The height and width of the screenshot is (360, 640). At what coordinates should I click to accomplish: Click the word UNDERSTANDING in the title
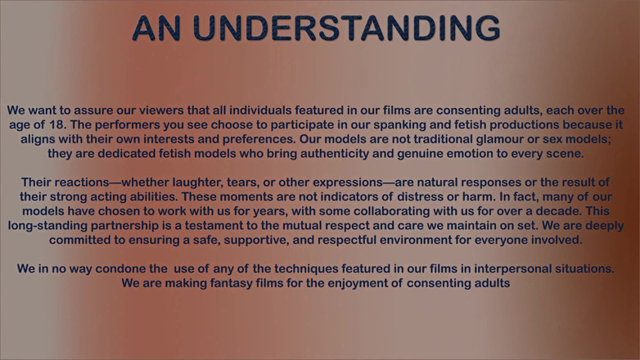click(x=346, y=28)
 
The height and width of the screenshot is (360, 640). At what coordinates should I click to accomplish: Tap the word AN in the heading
click(x=156, y=28)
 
